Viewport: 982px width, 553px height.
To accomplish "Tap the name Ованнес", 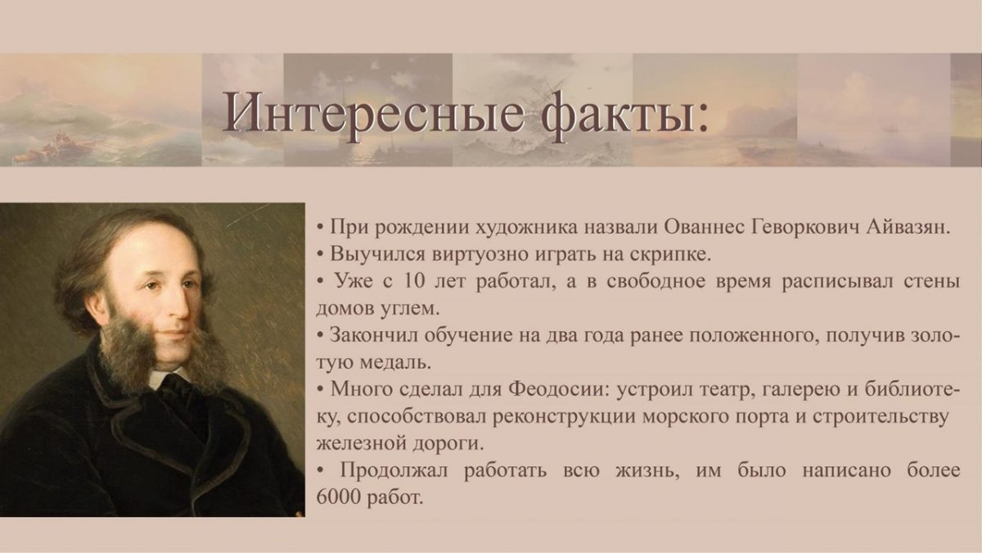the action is point(702,228).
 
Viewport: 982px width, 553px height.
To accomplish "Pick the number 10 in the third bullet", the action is point(415,281).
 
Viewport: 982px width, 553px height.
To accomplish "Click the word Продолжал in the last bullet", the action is point(394,471).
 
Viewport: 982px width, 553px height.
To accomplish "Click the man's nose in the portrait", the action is point(179,307).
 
